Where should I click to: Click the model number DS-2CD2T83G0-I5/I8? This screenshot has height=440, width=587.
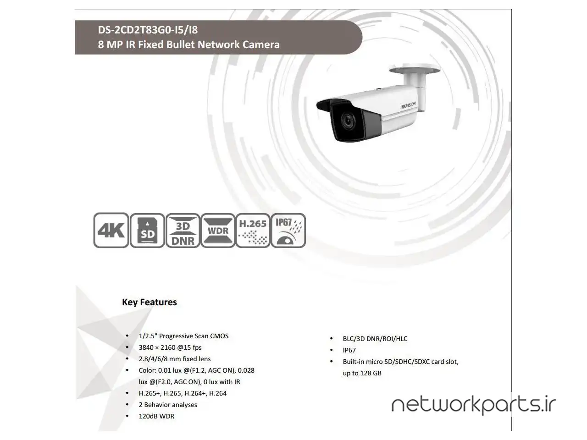148,30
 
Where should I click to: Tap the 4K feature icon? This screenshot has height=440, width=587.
111,230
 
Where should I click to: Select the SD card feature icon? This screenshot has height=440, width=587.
147,230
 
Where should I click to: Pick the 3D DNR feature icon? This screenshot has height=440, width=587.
183,230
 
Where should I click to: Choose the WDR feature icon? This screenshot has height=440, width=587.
218,230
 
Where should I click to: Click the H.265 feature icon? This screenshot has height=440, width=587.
253,230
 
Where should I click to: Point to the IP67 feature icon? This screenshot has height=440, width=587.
288,230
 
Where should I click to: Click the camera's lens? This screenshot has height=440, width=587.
348,121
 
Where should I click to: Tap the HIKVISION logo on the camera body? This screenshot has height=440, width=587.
408,105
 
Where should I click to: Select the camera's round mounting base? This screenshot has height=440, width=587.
415,69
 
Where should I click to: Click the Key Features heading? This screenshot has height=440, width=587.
149,302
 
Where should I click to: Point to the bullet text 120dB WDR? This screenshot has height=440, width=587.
156,416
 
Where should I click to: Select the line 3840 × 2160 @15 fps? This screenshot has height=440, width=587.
170,347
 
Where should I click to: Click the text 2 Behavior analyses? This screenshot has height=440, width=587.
168,405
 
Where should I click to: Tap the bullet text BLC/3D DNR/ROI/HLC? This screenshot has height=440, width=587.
375,339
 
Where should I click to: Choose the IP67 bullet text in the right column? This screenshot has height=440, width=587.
349,350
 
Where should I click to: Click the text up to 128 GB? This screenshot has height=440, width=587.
362,373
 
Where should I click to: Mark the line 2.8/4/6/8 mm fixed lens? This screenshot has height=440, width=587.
175,359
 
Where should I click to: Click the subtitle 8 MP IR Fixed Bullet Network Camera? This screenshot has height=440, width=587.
188,44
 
